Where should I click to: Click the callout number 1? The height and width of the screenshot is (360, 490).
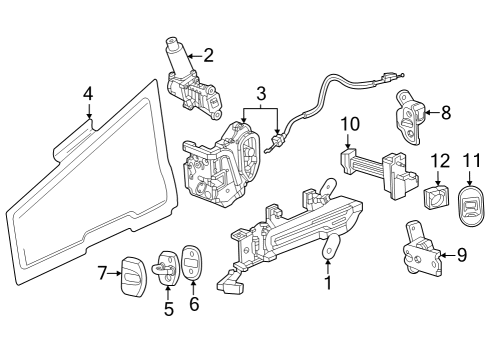pos(328,283)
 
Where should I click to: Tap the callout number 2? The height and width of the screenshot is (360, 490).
pos(208,55)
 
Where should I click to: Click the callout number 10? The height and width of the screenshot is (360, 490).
pos(349,125)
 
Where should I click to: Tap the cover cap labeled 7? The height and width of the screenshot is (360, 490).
pos(135,273)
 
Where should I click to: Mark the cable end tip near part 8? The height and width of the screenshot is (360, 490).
pos(399,77)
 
